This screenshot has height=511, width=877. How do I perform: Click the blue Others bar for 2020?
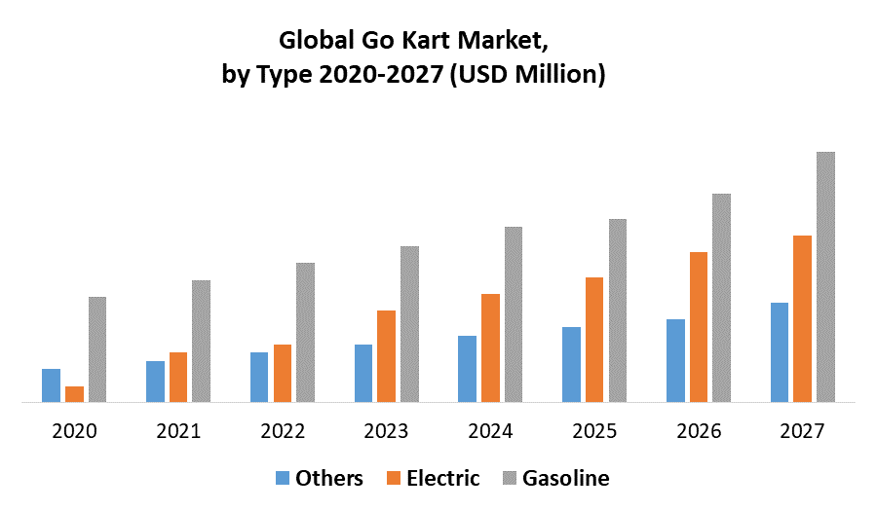coord(51,385)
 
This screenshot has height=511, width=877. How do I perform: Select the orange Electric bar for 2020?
coord(74,394)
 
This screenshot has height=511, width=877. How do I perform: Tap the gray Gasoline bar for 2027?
coord(825,276)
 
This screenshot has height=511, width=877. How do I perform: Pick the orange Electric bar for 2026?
coord(699,327)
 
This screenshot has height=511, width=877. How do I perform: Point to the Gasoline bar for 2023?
coord(409,324)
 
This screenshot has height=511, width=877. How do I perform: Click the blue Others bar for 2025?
coord(571,364)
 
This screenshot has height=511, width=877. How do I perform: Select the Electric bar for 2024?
coord(490,347)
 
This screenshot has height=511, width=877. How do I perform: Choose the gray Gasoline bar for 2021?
coord(201,341)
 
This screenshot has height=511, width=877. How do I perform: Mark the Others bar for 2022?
coord(259,377)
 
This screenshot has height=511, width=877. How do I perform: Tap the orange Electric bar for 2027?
coord(803,318)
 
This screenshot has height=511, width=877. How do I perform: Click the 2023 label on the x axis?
coord(387,430)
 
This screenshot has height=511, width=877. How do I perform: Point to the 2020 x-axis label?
coord(74,430)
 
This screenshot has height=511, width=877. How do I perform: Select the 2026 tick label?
coord(699,430)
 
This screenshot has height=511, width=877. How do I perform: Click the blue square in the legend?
coord(283,478)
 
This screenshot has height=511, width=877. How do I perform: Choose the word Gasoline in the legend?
coord(566,478)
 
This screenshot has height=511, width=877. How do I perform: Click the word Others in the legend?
coord(329,478)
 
